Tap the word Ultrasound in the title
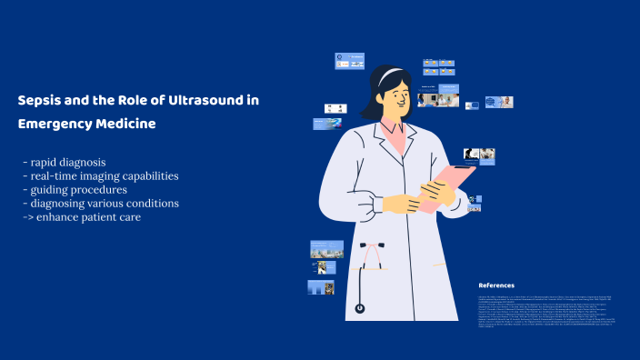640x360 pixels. pyautogui.click(x=209, y=101)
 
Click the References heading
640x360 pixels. pyautogui.click(x=496, y=285)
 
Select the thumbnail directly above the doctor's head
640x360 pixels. pyautogui.click(x=350, y=61)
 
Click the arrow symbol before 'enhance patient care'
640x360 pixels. pyautogui.click(x=28, y=216)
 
